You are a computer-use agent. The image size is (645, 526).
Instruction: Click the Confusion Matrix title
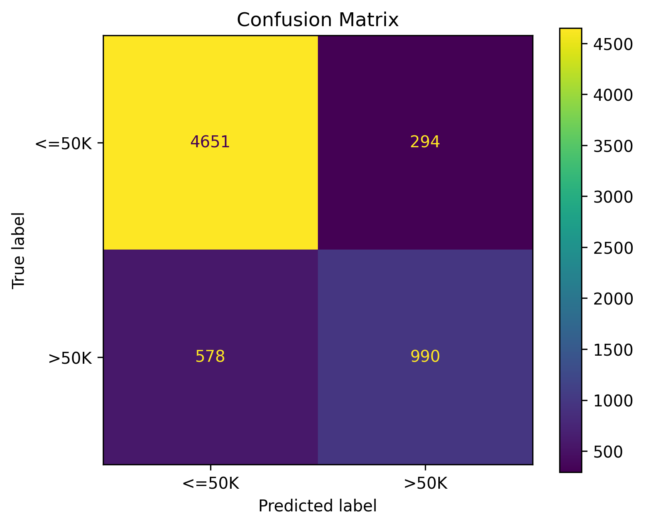(x=317, y=20)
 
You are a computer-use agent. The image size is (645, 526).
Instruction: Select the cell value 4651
(x=210, y=142)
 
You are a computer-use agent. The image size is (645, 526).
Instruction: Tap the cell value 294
(x=425, y=142)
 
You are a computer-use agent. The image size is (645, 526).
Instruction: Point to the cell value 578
(x=210, y=357)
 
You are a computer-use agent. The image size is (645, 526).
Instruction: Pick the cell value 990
(x=425, y=357)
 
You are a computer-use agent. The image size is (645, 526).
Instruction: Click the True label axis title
(x=18, y=250)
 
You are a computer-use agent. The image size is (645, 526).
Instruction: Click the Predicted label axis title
(x=317, y=506)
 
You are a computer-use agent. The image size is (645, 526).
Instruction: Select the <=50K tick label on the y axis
(x=63, y=143)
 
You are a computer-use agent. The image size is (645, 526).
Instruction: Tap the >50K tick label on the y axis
(x=70, y=358)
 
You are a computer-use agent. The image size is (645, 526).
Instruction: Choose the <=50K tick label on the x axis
(x=211, y=484)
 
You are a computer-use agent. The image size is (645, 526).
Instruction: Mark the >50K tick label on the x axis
(x=425, y=484)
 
